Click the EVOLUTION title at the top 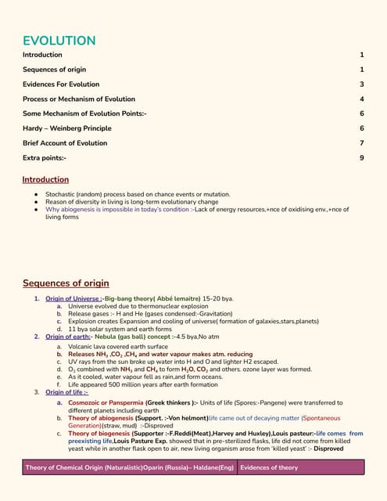59,41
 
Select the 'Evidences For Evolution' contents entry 61,85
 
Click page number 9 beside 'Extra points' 362,158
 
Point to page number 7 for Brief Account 362,143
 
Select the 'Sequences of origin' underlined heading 66,283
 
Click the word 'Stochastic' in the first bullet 62,193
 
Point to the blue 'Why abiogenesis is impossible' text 117,210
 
